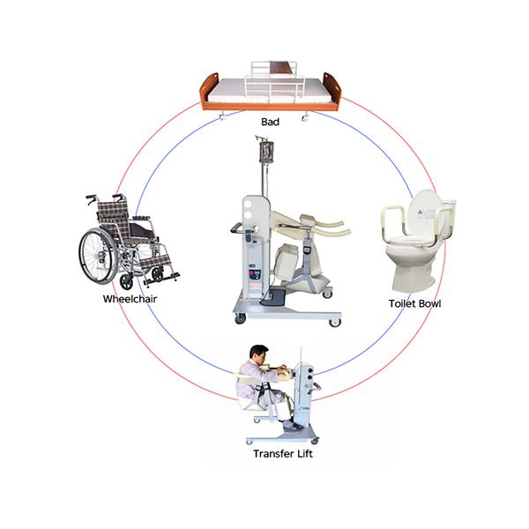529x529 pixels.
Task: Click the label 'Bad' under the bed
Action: point(270,122)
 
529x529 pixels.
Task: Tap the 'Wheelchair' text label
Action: point(130,299)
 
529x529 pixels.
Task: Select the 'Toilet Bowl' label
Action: point(414,303)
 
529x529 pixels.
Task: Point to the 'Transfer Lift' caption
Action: point(283,454)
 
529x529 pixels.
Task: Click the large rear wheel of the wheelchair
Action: point(98,256)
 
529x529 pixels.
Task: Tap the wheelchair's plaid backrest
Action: point(113,219)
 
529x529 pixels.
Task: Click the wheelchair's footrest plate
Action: point(161,279)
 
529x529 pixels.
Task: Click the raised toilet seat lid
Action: point(424,212)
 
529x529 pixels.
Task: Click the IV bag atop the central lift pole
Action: point(266,152)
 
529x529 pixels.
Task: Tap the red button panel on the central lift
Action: point(255,273)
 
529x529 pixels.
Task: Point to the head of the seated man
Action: point(258,354)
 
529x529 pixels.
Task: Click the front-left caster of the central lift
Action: point(240,318)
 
